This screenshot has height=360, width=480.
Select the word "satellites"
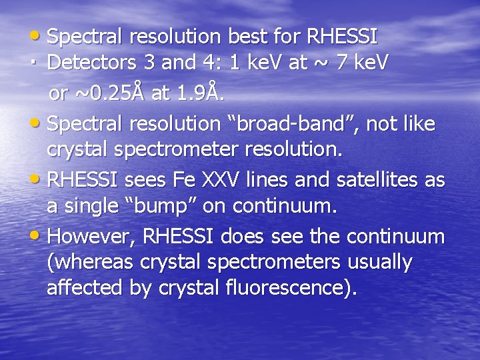click(x=379, y=181)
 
